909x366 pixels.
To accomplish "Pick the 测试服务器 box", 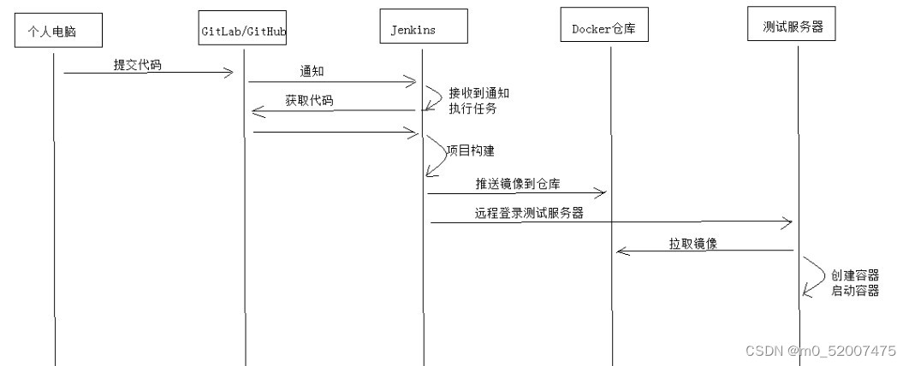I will pos(792,26).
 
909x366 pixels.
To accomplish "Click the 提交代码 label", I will pos(137,65).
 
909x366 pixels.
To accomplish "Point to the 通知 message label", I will pos(312,72).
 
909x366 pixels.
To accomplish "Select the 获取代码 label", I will pos(309,101).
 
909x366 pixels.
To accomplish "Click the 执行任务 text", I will pos(472,109).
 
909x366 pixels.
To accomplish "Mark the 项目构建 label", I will pos(471,150).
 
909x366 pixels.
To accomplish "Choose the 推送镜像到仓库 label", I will pos(519,184).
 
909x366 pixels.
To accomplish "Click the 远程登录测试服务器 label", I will pos(529,214).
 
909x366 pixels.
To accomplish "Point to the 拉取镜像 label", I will pos(692,243).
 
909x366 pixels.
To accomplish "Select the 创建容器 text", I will pos(854,275).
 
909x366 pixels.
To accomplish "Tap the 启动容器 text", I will pos(854,292).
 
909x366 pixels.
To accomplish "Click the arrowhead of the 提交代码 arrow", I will pos(229,73).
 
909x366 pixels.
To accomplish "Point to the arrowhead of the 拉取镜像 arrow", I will pos(621,251).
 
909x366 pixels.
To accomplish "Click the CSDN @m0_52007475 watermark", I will pos(820,351).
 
